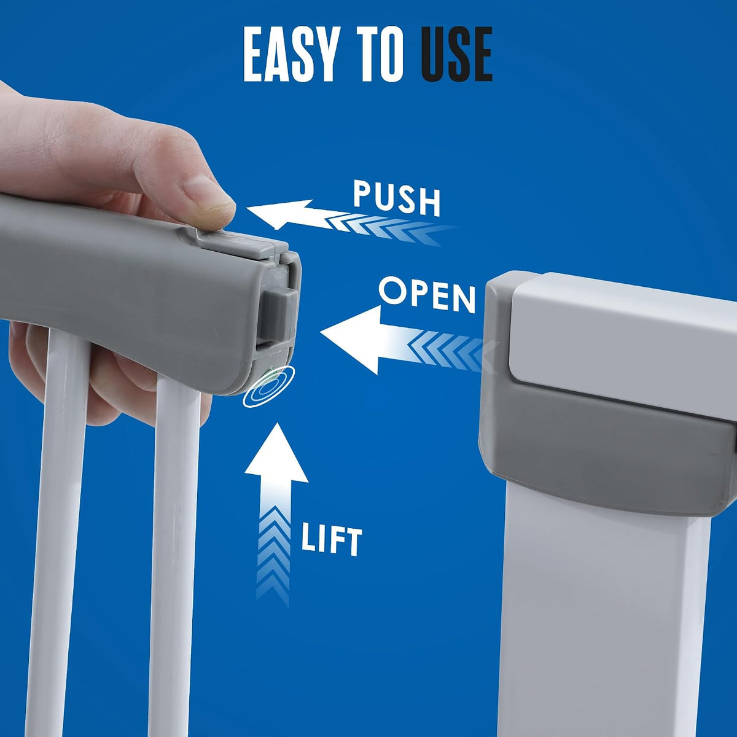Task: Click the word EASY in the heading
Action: (x=289, y=55)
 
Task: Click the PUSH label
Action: (x=397, y=199)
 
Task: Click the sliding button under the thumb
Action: (x=241, y=240)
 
